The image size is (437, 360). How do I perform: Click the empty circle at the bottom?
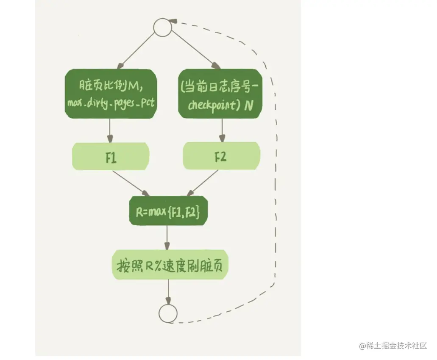point(168,313)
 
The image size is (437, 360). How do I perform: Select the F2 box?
point(221,156)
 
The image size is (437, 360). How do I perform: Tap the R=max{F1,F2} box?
point(169,210)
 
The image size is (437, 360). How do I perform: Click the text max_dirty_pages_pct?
point(111,103)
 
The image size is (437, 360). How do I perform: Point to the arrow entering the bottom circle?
point(169,293)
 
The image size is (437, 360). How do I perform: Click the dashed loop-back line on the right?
point(277,169)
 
